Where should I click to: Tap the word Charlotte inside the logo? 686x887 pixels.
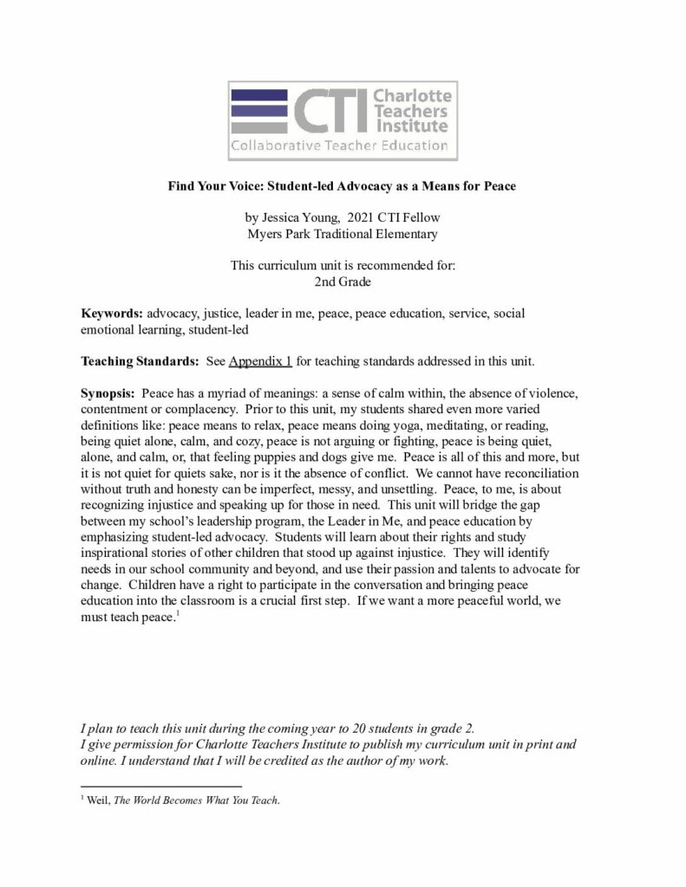pyautogui.click(x=412, y=95)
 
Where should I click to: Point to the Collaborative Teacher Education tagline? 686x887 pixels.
pyautogui.click(x=339, y=146)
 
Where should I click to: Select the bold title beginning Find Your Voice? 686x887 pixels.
pyautogui.click(x=342, y=186)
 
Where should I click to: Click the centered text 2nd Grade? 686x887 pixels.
pyautogui.click(x=342, y=281)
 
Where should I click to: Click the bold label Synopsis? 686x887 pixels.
pyautogui.click(x=107, y=392)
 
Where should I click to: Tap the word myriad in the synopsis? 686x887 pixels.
pyautogui.click(x=237, y=392)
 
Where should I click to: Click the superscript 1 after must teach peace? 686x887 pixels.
pyautogui.click(x=178, y=614)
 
